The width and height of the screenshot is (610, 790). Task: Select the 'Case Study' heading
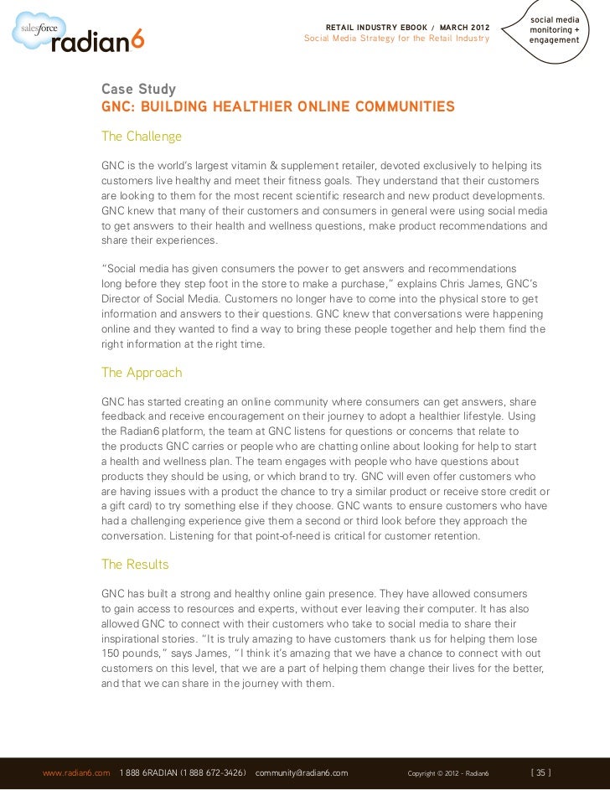click(139, 90)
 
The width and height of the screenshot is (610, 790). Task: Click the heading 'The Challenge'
click(142, 136)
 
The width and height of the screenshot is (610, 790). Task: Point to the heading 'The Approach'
click(142, 371)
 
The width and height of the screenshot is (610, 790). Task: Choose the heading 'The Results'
click(135, 564)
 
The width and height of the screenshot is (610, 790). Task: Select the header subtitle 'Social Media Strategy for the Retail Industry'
click(396, 39)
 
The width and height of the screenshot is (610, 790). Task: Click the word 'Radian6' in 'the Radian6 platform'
click(148, 430)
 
